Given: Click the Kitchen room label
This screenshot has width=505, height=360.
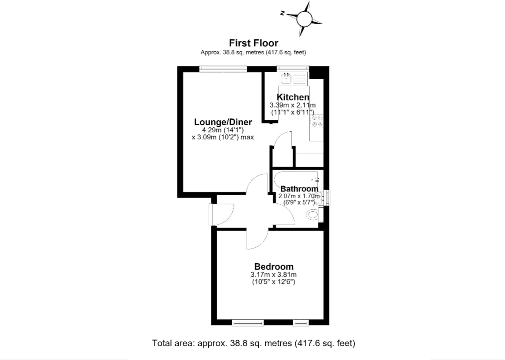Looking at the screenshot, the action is pyautogui.click(x=293, y=97).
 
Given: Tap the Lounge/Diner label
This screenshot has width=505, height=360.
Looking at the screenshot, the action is pyautogui.click(x=223, y=122).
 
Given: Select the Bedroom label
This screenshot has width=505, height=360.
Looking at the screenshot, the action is pyautogui.click(x=274, y=267).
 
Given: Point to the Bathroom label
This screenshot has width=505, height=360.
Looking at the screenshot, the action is pyautogui.click(x=299, y=189).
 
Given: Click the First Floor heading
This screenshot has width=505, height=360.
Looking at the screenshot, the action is pyautogui.click(x=253, y=43).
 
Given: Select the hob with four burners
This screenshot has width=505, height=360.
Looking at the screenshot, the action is pyautogui.click(x=317, y=121).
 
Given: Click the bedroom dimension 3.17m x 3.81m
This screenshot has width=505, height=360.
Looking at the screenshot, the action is pyautogui.click(x=273, y=275).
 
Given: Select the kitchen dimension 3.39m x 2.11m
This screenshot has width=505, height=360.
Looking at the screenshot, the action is pyautogui.click(x=292, y=105).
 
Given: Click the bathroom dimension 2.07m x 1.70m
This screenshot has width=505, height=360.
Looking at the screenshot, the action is pyautogui.click(x=299, y=196).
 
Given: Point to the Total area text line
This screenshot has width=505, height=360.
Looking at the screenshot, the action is pyautogui.click(x=253, y=343).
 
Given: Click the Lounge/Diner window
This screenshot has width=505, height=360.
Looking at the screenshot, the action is pyautogui.click(x=223, y=69).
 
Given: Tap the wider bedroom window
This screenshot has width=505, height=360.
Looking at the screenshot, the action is pyautogui.click(x=248, y=322).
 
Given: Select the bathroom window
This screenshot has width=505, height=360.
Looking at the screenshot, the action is pyautogui.click(x=327, y=197).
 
